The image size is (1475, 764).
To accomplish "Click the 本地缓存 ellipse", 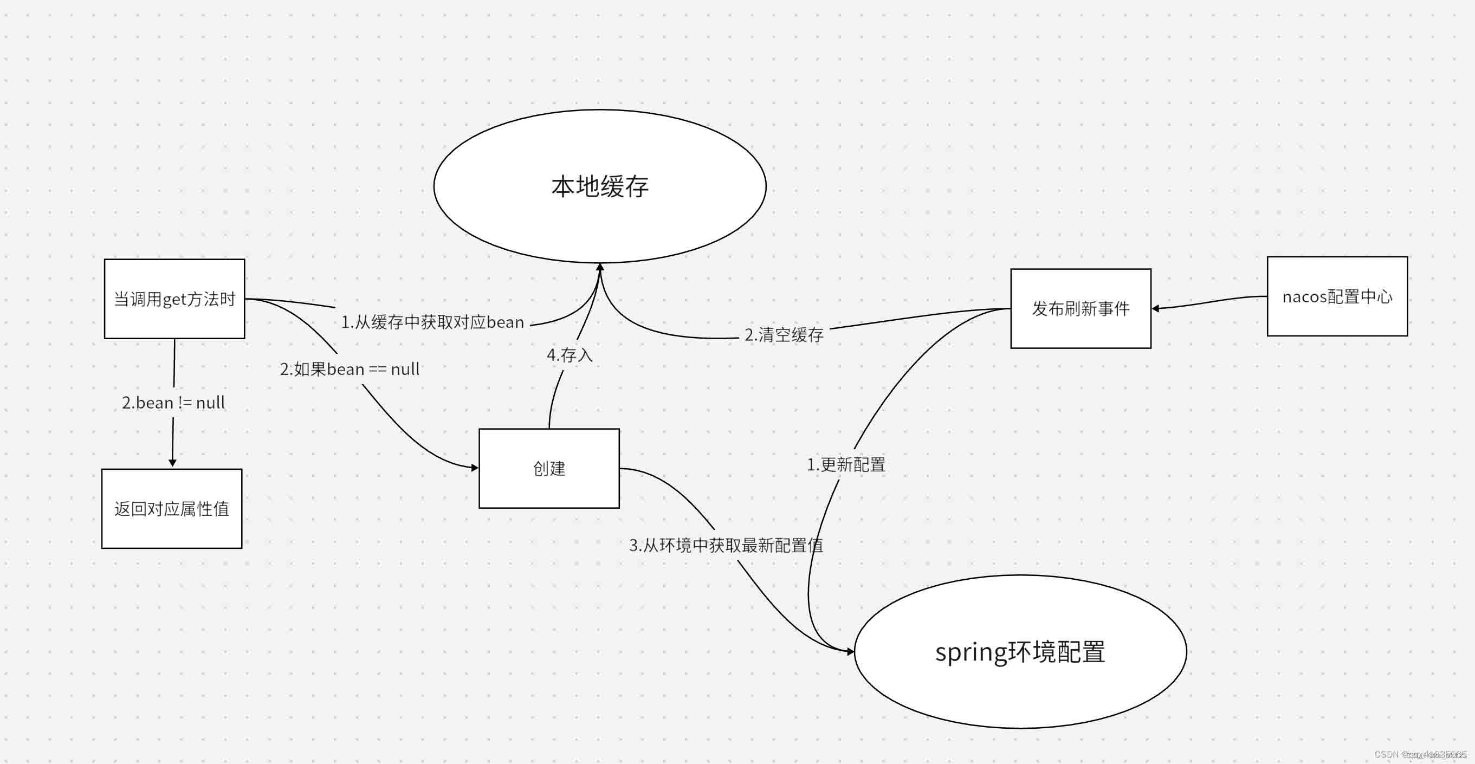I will [x=599, y=187].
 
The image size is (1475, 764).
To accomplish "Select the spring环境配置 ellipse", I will [x=1020, y=652].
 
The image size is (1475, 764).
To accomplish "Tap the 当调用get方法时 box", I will [x=174, y=299].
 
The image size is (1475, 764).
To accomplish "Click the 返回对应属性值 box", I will [x=172, y=509].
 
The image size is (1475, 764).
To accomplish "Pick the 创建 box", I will [x=549, y=469].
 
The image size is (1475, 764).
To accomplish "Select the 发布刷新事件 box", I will [x=1081, y=309].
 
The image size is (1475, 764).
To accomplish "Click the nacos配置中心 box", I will [x=1337, y=297].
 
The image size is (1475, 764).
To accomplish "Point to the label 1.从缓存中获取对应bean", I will [x=432, y=322].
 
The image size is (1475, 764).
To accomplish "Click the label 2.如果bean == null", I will [x=350, y=370].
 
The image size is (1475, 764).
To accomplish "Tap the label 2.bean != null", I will [x=173, y=403].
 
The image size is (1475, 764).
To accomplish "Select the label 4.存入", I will [x=569, y=355].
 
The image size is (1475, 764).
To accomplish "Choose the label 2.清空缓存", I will [x=784, y=335].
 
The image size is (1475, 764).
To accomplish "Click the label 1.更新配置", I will [x=846, y=464].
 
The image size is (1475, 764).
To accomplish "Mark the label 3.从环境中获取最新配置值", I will [x=726, y=545].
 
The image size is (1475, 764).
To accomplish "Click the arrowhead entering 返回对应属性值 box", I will [x=172, y=463].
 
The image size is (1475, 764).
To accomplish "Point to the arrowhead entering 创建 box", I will [x=474, y=468].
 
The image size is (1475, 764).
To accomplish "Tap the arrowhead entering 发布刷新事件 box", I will [x=1156, y=309].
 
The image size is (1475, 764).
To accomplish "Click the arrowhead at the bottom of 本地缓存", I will [x=600, y=268].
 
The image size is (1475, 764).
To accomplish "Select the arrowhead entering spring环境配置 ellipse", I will [x=850, y=651].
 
